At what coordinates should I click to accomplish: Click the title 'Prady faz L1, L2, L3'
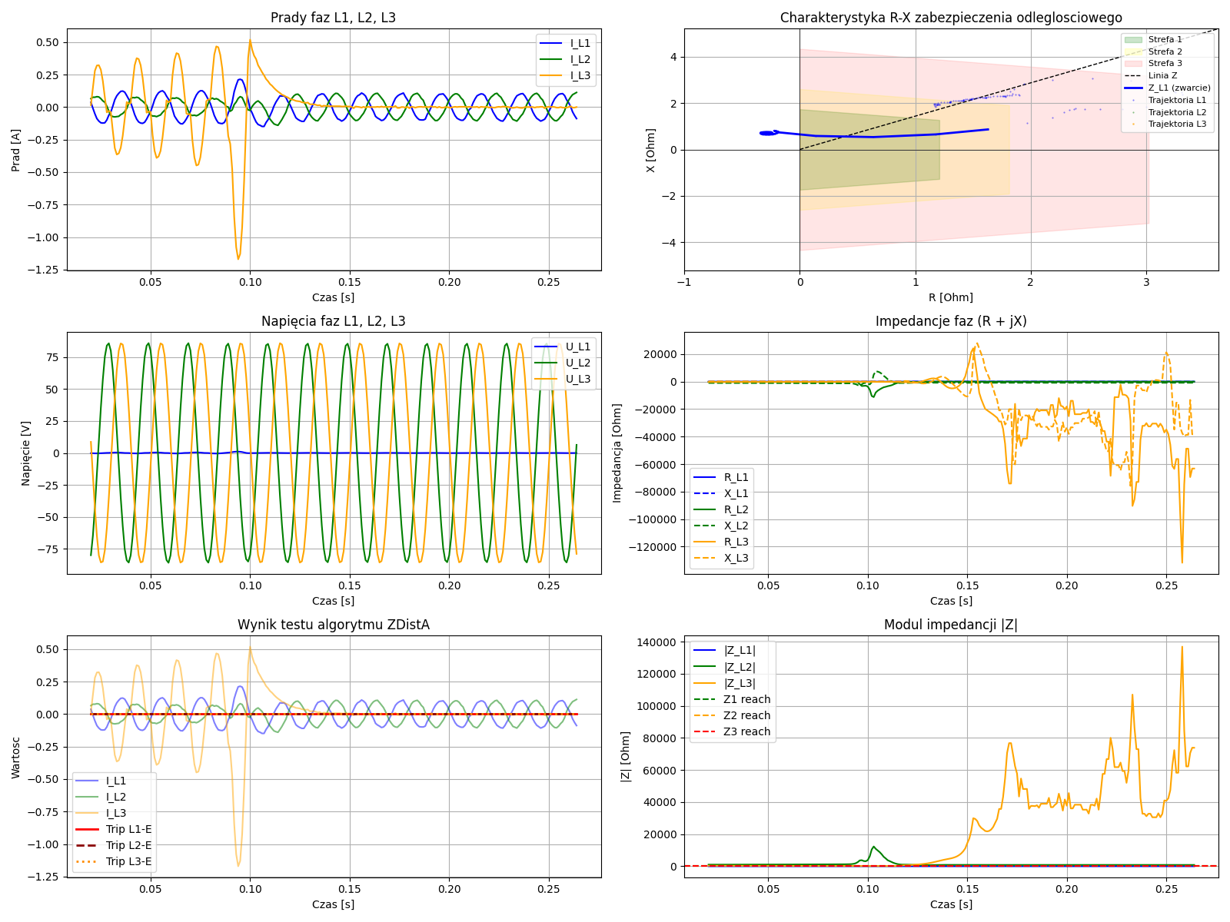[x=333, y=18]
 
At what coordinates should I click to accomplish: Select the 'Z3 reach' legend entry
[x=746, y=731]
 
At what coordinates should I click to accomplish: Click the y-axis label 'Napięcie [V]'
[x=26, y=453]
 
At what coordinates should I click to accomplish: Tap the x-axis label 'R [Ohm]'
[x=950, y=297]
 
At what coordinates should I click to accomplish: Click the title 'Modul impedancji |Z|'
[x=950, y=625]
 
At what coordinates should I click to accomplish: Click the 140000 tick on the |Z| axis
[x=653, y=642]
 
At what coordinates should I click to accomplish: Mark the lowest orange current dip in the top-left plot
[x=238, y=258]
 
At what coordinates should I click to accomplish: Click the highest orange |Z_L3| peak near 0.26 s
[x=1182, y=647]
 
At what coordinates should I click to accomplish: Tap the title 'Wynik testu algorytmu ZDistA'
[x=333, y=625]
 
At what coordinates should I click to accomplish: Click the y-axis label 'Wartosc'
[x=16, y=756]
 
